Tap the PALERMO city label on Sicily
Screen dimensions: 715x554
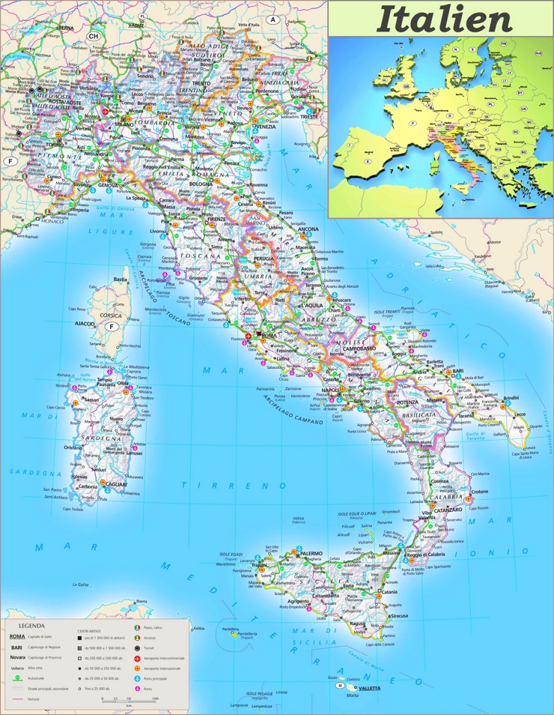[x=311, y=553]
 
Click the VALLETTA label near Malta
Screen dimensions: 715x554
[x=369, y=687]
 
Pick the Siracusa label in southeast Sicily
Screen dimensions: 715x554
[x=399, y=616]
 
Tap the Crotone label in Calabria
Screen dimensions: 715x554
[x=479, y=492]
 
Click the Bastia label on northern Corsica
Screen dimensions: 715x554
[x=120, y=280]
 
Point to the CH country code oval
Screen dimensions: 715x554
[x=94, y=35]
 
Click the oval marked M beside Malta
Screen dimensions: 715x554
[x=340, y=686]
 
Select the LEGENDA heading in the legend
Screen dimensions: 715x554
[x=31, y=625]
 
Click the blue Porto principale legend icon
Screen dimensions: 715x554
[x=136, y=678]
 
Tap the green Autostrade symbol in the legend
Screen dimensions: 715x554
[x=16, y=678]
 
